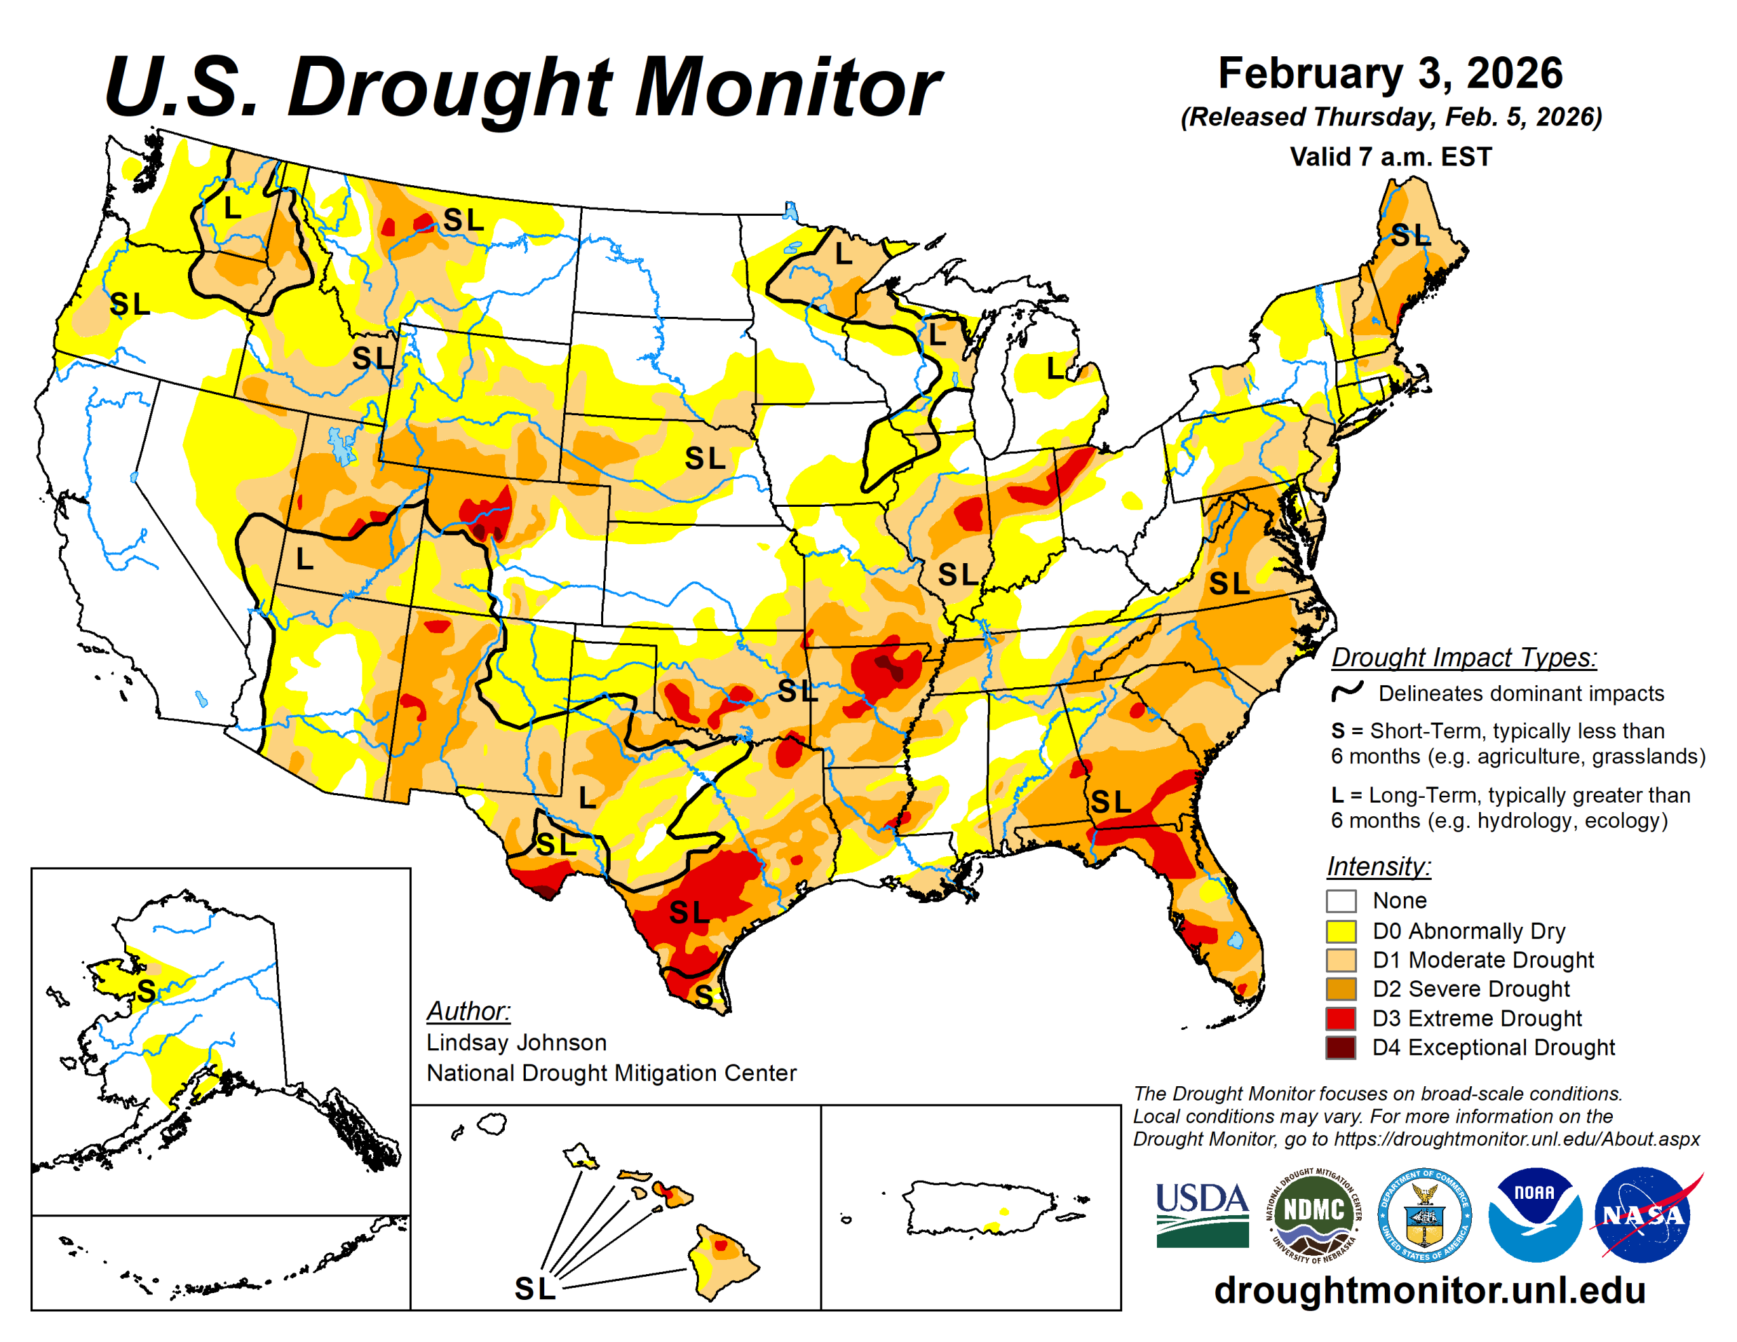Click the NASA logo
pyautogui.click(x=1643, y=1214)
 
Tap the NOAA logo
pyautogui.click(x=1534, y=1214)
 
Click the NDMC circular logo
pyautogui.click(x=1313, y=1214)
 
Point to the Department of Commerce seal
pyautogui.click(x=1424, y=1214)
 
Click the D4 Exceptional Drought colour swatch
pyautogui.click(x=1341, y=1048)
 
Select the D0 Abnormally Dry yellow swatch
pyautogui.click(x=1341, y=931)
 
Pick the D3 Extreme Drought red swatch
pyautogui.click(x=1341, y=1018)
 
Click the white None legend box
pyautogui.click(x=1341, y=901)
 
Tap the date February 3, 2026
pyautogui.click(x=1390, y=73)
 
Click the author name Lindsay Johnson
pyautogui.click(x=516, y=1042)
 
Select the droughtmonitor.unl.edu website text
pyautogui.click(x=1429, y=1290)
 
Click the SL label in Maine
pyautogui.click(x=1410, y=235)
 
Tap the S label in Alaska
pyautogui.click(x=146, y=991)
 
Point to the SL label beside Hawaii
pyautogui.click(x=535, y=1288)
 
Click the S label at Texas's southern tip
pyautogui.click(x=703, y=995)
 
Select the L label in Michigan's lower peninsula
pyautogui.click(x=1054, y=368)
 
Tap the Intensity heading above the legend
pyautogui.click(x=1378, y=866)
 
